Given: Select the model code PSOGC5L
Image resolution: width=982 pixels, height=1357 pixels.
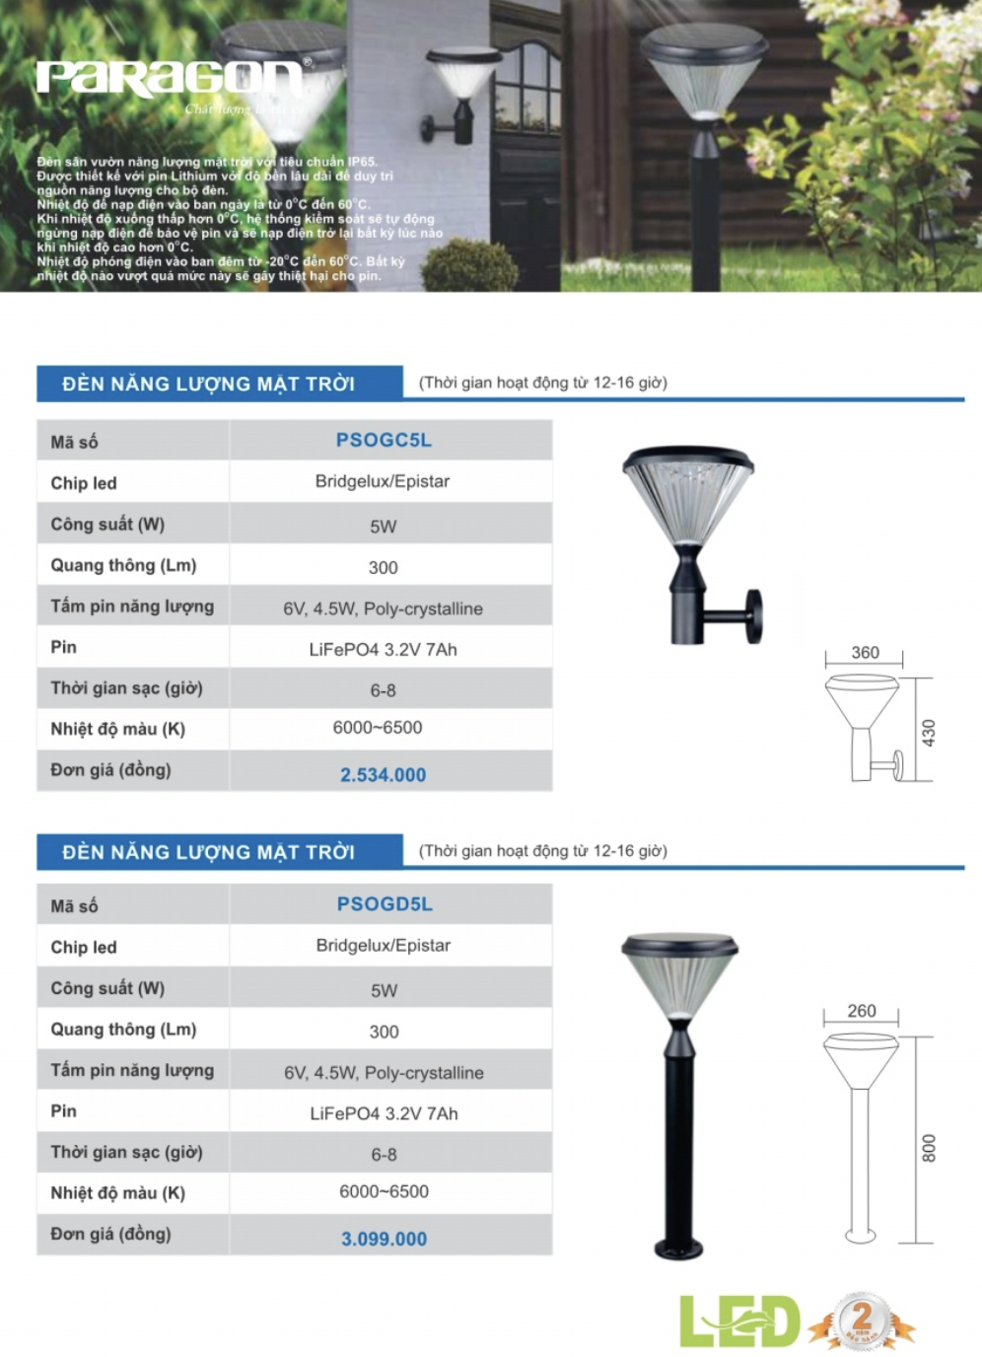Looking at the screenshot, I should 384,440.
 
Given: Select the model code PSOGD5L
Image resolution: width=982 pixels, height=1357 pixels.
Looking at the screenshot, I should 385,904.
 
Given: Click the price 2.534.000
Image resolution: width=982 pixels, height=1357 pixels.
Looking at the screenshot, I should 383,775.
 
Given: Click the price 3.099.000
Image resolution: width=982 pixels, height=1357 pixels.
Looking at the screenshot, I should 384,1240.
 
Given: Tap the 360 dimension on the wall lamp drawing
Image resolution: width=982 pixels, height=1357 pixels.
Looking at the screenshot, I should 865,653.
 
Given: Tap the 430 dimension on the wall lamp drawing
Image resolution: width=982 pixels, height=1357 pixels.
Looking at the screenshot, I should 928,732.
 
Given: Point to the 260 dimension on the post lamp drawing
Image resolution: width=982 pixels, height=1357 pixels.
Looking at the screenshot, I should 861,1011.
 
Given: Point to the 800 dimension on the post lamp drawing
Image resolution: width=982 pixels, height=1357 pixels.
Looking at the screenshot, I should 928,1148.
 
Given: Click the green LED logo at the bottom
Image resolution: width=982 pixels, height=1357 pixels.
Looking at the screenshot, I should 738,1322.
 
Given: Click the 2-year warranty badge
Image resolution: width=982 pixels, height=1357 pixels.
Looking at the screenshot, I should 862,1321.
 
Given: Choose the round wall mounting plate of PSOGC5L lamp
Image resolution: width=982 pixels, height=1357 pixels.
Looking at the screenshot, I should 754,616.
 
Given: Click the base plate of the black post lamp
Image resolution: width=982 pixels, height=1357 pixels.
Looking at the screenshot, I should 679,1250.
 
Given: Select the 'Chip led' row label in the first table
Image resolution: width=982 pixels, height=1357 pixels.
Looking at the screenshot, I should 84,483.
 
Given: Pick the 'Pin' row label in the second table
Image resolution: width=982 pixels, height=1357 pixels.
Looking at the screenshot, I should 63,1111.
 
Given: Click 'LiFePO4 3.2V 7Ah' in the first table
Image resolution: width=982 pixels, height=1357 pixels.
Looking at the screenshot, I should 383,650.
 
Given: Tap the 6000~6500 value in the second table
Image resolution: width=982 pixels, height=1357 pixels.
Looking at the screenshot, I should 384,1191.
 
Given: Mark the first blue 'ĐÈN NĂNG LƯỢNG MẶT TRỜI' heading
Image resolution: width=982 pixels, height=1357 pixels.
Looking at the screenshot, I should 208,384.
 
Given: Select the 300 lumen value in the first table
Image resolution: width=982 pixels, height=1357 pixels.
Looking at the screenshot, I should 383,568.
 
